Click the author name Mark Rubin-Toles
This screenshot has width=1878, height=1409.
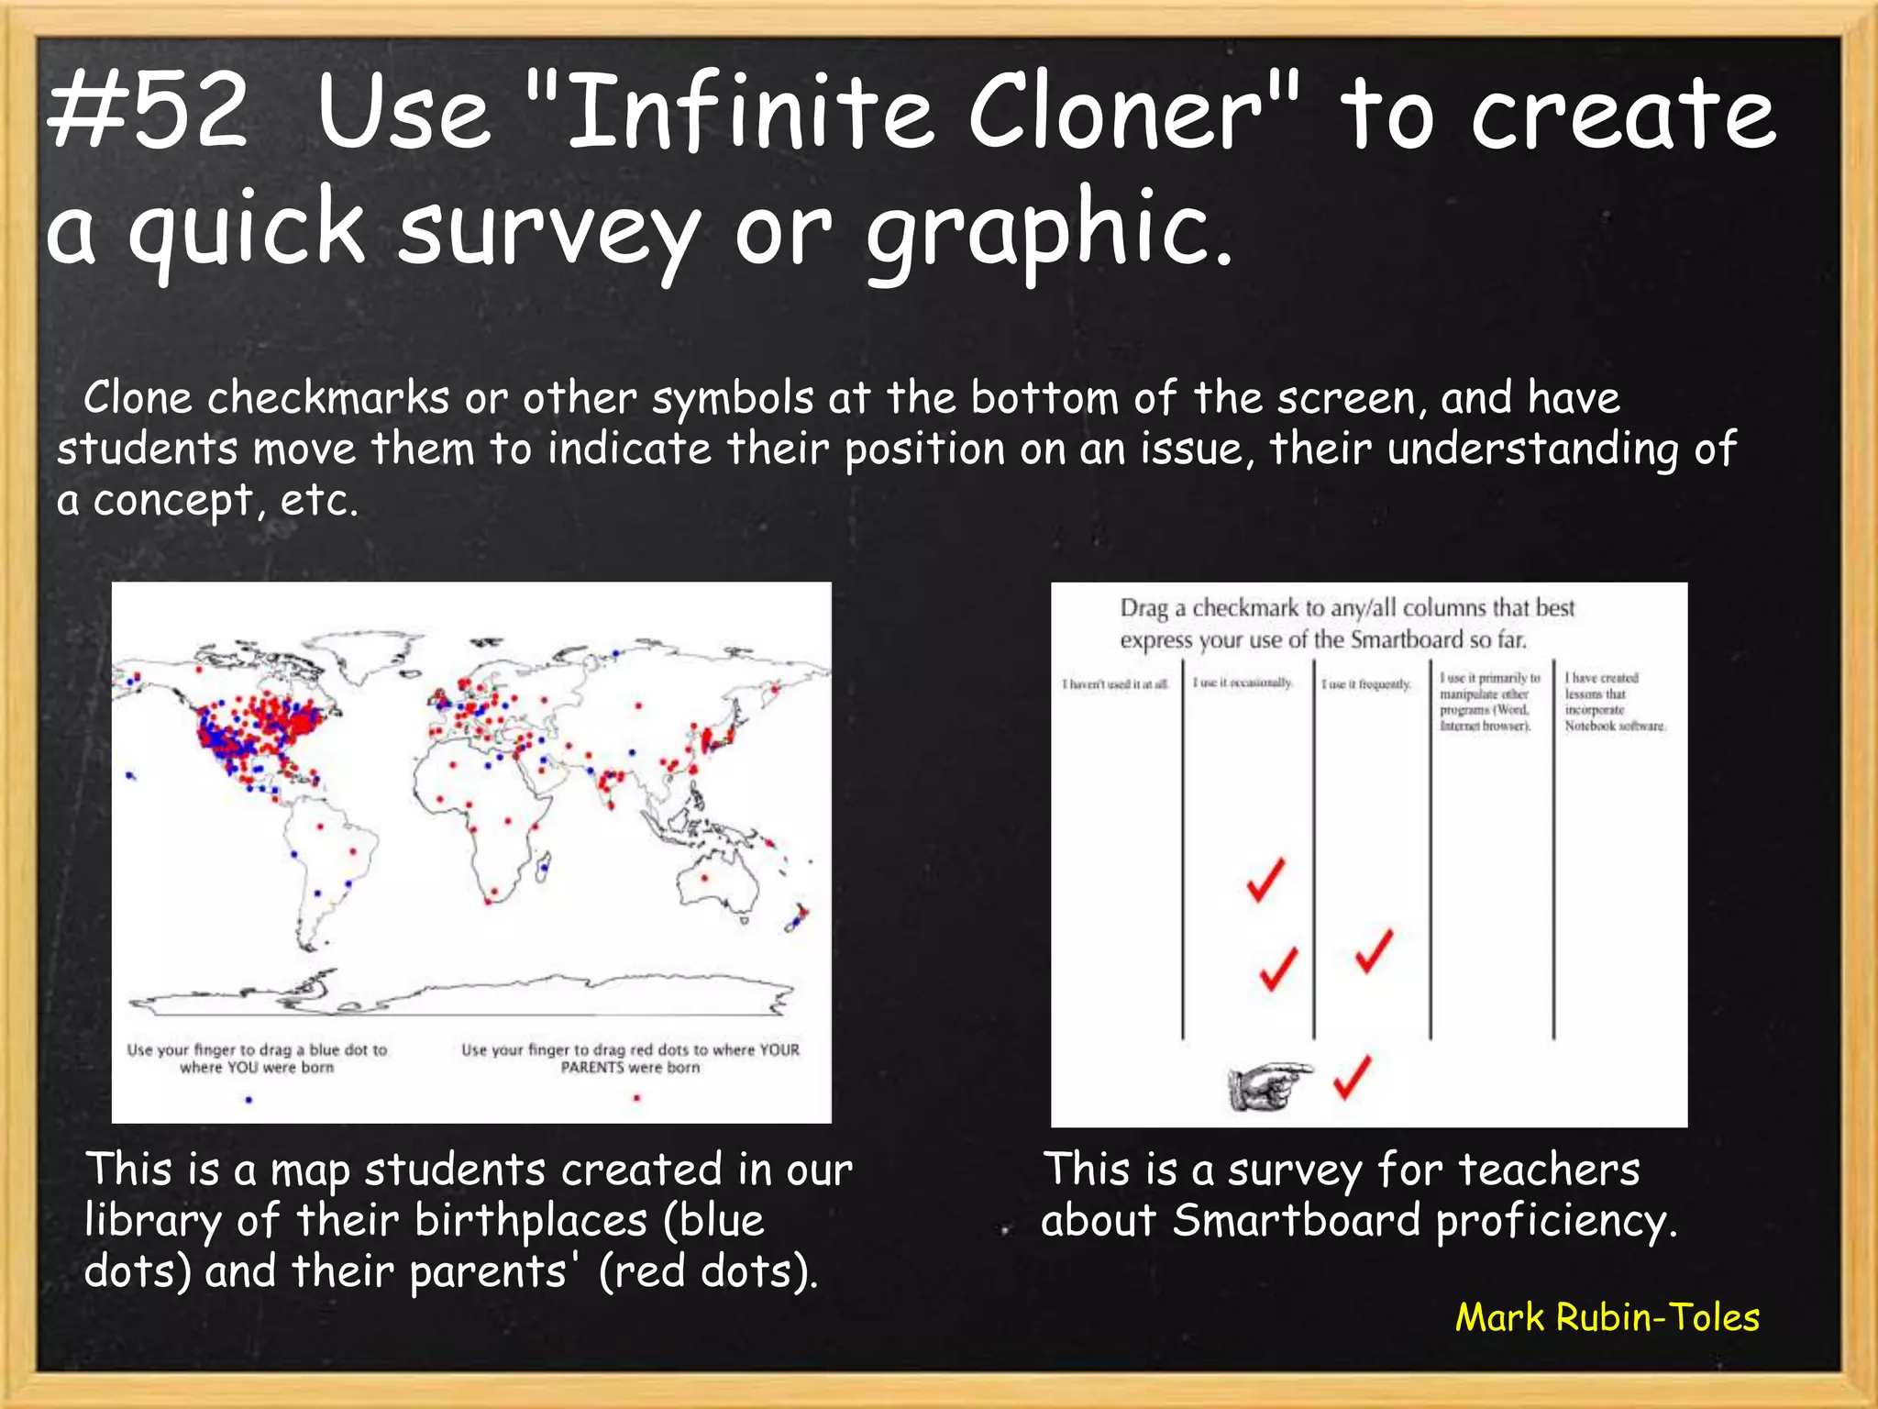tap(1607, 1317)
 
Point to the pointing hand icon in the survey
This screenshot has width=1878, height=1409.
tap(1268, 1086)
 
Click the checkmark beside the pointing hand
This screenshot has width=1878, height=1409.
tap(1353, 1077)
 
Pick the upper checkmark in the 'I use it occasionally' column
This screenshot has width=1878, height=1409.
tap(1266, 880)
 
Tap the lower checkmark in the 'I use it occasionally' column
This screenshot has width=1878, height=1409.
tap(1277, 968)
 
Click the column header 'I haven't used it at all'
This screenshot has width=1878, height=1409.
tap(1116, 684)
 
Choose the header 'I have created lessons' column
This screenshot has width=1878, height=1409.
tap(1614, 702)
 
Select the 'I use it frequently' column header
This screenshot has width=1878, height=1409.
tap(1365, 684)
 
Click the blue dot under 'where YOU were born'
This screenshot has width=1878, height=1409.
tap(249, 1099)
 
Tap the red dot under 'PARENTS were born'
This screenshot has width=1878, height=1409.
tap(636, 1098)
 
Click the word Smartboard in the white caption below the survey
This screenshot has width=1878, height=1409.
tap(1297, 1221)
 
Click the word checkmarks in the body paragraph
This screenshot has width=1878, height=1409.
tap(328, 398)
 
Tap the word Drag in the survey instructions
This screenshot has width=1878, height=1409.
tap(1143, 608)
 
